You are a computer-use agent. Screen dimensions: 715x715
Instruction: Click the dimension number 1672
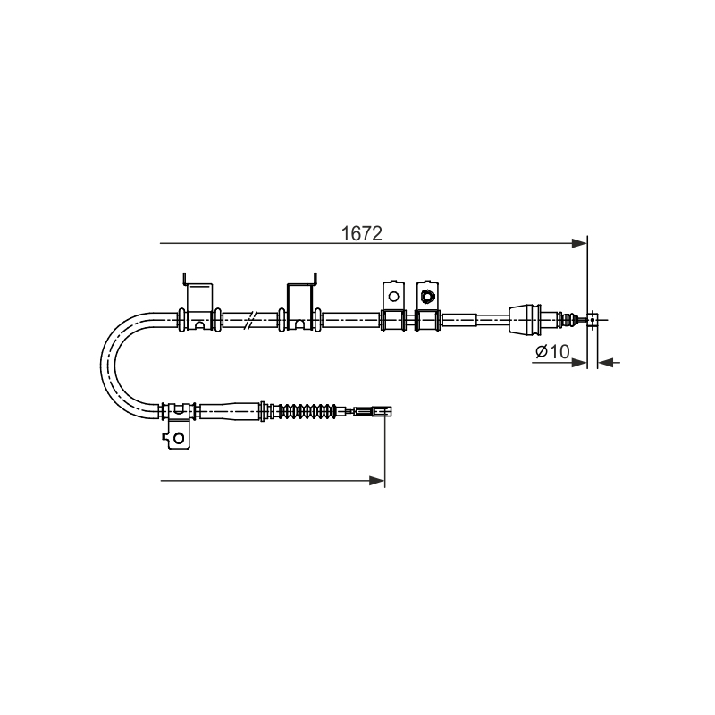(x=362, y=234)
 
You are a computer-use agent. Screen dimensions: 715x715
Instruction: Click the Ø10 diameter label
(x=552, y=351)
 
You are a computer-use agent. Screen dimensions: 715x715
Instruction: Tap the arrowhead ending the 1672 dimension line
(x=579, y=243)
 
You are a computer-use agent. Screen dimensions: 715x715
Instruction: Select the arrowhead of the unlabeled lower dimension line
(x=377, y=481)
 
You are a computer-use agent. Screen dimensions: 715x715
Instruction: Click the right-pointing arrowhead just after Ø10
(x=579, y=363)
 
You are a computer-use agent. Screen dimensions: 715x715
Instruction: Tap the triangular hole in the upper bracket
(x=427, y=297)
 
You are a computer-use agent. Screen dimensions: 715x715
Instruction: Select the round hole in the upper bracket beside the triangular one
(x=393, y=297)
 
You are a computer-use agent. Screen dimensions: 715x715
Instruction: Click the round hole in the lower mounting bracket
(x=179, y=438)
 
